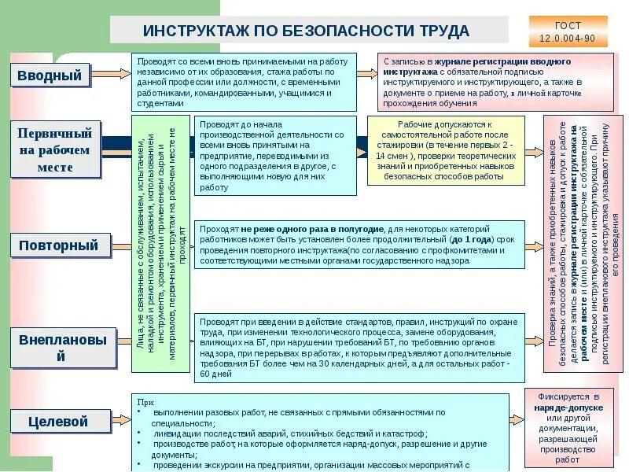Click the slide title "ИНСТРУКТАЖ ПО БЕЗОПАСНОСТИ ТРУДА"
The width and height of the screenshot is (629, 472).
point(306,31)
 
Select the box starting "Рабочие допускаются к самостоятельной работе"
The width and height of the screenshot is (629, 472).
point(445,151)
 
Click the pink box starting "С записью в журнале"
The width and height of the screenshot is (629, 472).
point(495,82)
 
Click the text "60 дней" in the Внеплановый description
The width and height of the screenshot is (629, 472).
point(215,374)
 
